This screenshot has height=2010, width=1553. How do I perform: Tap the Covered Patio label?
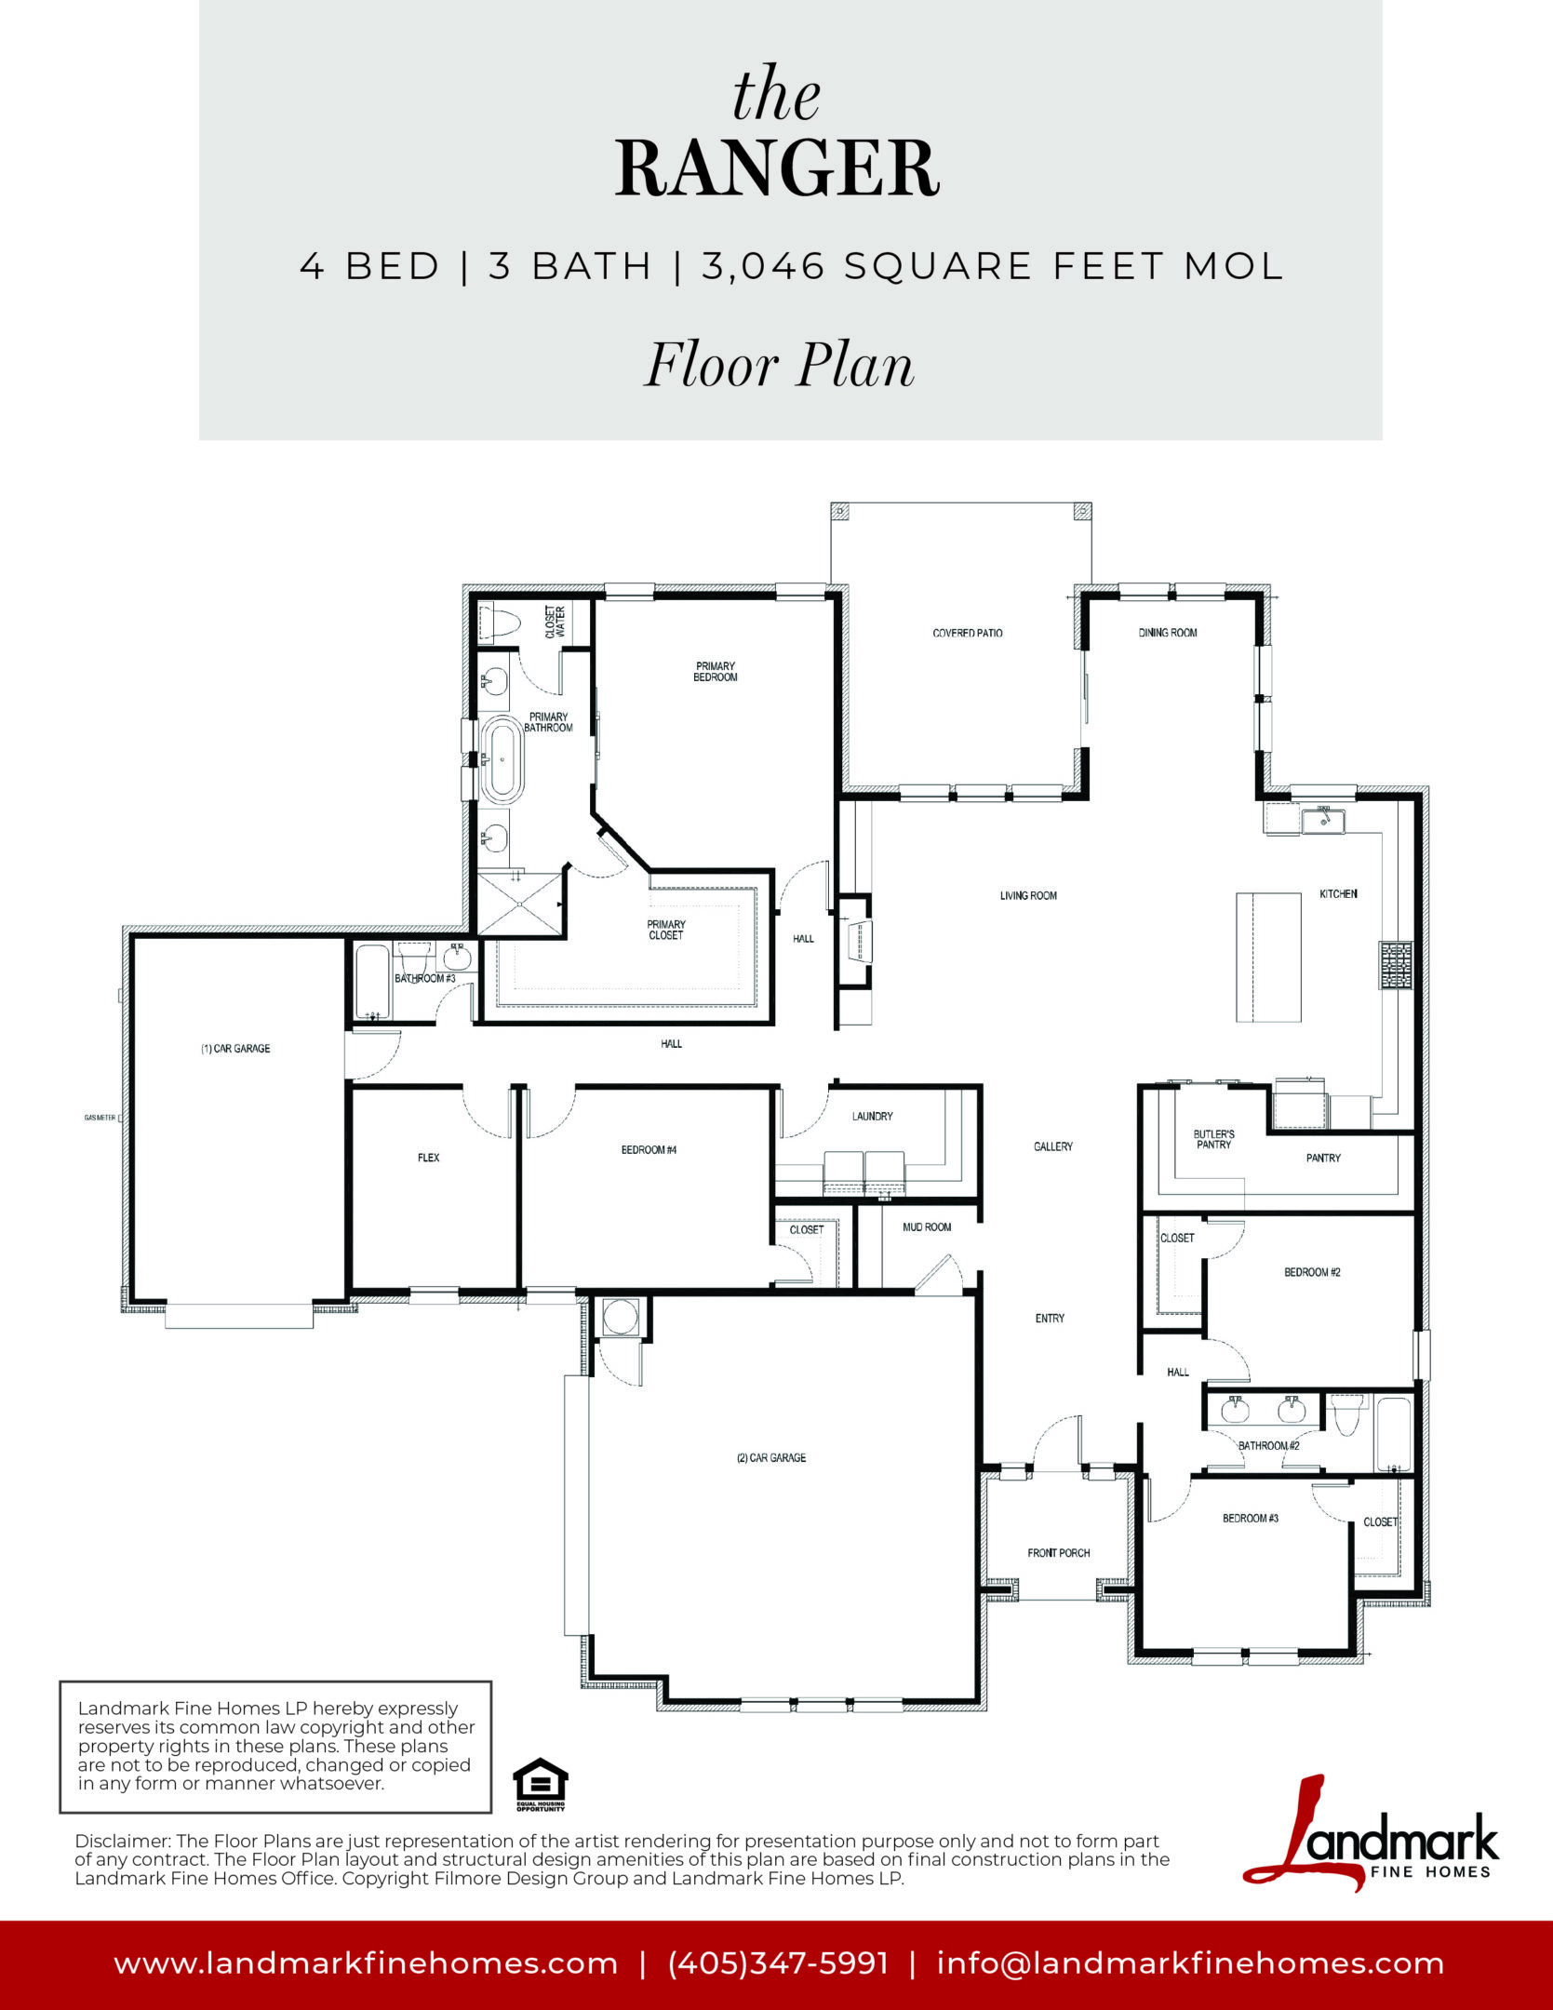[968, 633]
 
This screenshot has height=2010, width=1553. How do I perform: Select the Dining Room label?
[1168, 633]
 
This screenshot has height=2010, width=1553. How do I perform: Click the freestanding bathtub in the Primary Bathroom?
[502, 759]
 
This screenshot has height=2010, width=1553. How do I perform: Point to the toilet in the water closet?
[497, 623]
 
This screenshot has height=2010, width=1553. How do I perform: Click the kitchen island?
[1268, 957]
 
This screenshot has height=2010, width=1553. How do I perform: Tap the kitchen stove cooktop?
[1396, 965]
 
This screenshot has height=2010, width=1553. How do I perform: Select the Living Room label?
[1028, 896]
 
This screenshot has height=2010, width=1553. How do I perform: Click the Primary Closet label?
[666, 930]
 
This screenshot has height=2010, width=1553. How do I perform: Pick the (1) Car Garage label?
[235, 1049]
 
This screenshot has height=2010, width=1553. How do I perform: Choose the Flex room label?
[429, 1158]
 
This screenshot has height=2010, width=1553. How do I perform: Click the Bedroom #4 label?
[649, 1150]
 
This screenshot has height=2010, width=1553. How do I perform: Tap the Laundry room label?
[873, 1116]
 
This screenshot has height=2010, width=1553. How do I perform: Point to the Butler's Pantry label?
[1214, 1139]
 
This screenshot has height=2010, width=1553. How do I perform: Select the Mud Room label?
[927, 1227]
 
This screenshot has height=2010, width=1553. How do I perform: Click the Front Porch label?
[1059, 1553]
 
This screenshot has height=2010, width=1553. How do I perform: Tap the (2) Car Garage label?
[771, 1458]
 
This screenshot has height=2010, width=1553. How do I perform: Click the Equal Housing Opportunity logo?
[541, 1785]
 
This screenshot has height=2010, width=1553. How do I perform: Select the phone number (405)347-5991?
[778, 1963]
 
